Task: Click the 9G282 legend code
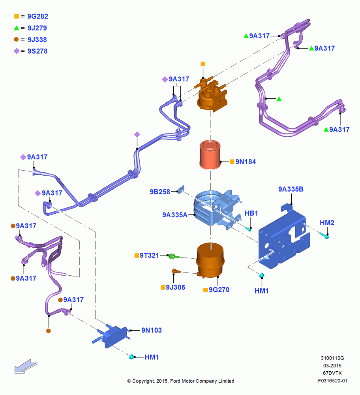click(37, 16)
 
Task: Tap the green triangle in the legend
click(17, 28)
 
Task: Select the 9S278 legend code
click(37, 51)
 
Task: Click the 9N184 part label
click(246, 162)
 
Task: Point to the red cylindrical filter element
click(210, 155)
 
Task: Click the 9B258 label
click(160, 192)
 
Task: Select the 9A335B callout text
click(291, 189)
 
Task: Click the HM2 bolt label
click(327, 223)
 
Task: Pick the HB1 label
click(251, 213)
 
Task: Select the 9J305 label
click(176, 288)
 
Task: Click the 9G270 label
click(219, 290)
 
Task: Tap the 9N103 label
click(152, 330)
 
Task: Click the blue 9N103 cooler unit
click(112, 336)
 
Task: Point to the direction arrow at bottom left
click(26, 366)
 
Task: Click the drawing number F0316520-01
click(332, 381)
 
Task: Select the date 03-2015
click(332, 365)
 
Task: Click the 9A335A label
click(175, 215)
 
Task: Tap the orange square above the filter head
click(203, 64)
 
